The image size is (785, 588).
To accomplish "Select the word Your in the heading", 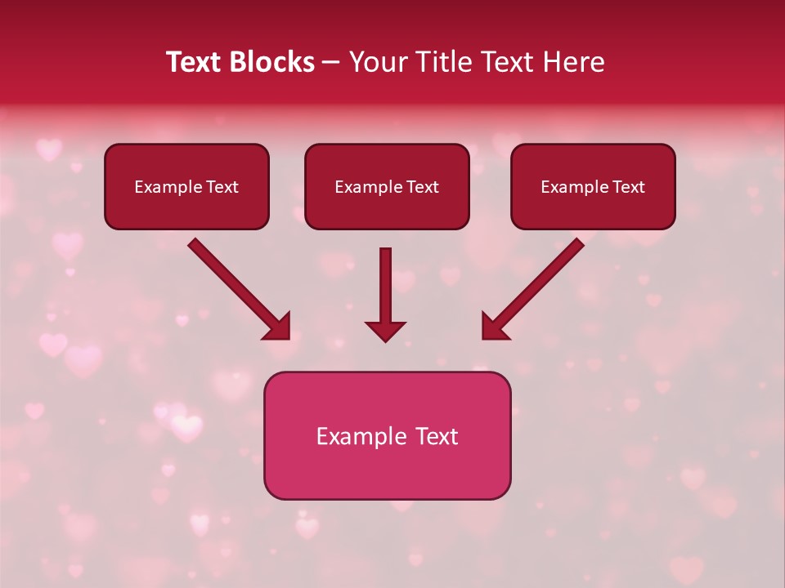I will click(x=376, y=62).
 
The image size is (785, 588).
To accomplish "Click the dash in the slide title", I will click(x=332, y=62).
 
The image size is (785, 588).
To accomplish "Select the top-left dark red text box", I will click(x=186, y=186).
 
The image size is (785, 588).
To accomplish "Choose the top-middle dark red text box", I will click(x=387, y=186).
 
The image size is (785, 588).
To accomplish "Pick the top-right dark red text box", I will click(x=593, y=186).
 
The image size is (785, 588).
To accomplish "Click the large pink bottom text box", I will click(x=387, y=435).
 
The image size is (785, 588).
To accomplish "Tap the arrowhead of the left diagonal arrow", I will click(x=278, y=327).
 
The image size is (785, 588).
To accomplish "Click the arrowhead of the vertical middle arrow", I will click(x=385, y=331).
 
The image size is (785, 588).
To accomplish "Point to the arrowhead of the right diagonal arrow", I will click(x=494, y=327).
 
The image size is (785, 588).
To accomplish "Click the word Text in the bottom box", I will click(x=437, y=436).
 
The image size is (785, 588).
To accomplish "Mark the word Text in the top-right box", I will click(x=629, y=187).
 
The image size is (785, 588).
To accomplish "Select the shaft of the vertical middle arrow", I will click(x=385, y=282).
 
